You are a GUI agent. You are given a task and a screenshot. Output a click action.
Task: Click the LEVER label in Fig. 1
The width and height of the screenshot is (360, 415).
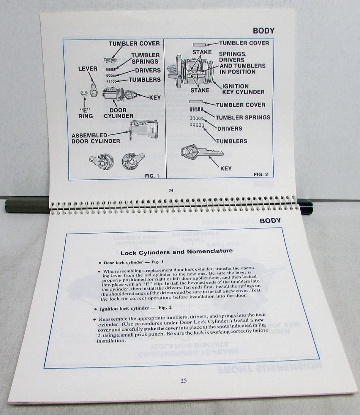(88, 69)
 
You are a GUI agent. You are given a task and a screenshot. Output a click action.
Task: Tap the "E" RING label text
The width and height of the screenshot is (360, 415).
(85, 113)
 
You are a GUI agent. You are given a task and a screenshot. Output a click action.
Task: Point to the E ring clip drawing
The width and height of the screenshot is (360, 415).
(84, 94)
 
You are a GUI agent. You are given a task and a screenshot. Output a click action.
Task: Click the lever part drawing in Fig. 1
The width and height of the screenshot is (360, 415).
(93, 90)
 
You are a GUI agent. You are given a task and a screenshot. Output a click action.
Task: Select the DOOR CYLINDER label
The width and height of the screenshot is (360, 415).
(119, 113)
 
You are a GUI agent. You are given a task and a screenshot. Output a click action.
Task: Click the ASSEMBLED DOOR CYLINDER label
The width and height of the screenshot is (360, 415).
(96, 138)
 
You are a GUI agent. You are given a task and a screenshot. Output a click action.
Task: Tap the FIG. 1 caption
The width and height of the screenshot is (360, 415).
(152, 176)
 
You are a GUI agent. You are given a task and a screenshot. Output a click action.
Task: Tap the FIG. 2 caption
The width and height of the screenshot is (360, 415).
(261, 174)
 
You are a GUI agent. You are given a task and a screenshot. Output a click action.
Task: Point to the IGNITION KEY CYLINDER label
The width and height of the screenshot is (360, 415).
(243, 89)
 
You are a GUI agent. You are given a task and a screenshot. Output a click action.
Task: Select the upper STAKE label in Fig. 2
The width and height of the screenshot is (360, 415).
(202, 52)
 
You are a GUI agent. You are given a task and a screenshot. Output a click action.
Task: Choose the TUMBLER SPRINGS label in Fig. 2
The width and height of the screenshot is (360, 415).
(243, 117)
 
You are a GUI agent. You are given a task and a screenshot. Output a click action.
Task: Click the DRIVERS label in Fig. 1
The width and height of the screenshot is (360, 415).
(148, 71)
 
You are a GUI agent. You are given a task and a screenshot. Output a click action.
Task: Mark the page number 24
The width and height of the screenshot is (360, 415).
(171, 190)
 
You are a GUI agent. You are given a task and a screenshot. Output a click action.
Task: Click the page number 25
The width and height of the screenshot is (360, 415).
(184, 381)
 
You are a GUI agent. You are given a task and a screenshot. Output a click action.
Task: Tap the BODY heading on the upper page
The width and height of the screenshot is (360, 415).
(264, 31)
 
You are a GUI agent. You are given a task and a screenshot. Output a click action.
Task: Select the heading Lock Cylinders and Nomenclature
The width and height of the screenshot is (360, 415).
(177, 252)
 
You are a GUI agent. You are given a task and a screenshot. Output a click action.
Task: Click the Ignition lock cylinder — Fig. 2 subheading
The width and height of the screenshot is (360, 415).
(136, 308)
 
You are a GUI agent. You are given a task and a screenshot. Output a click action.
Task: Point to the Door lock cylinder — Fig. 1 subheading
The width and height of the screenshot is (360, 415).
(134, 262)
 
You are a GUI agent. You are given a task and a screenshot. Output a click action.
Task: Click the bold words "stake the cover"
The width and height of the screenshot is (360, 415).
(161, 329)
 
